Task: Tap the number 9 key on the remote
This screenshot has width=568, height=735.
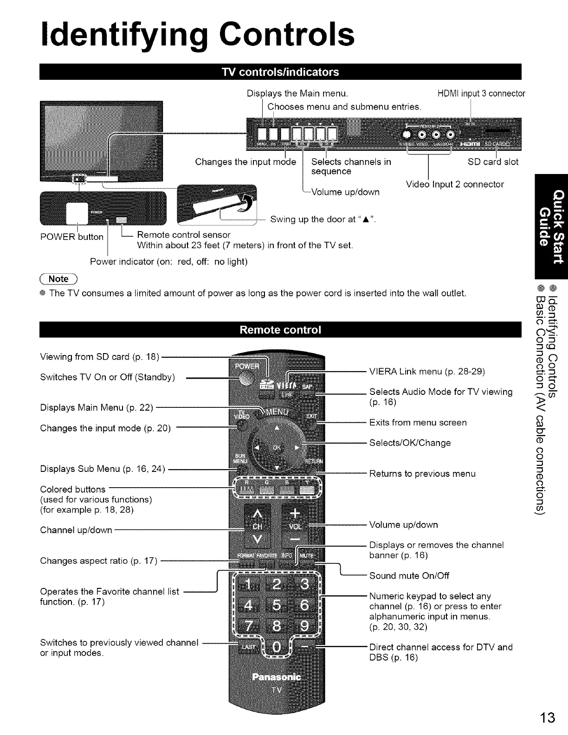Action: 303,626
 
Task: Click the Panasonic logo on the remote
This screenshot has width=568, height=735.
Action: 276,676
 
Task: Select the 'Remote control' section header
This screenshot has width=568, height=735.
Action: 280,330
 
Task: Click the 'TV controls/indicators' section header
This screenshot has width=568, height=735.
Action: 280,72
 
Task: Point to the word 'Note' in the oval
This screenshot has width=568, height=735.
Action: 58,278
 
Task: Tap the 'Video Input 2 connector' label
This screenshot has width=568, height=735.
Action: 454,184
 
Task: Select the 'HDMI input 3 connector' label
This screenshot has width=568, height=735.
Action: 481,94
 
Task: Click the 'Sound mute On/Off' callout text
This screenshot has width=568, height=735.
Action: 409,575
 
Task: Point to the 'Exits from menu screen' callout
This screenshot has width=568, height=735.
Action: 418,422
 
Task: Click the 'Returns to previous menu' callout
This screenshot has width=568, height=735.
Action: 422,473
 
